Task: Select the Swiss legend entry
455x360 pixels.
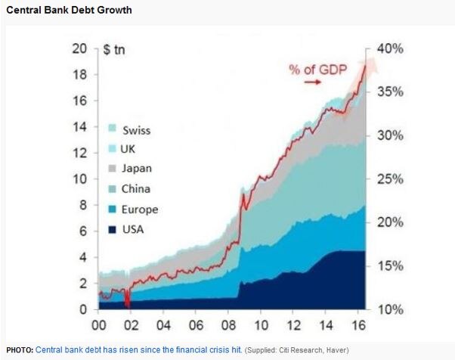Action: coord(128,129)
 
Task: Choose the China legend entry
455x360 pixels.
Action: coord(128,189)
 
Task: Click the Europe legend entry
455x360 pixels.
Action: coord(131,209)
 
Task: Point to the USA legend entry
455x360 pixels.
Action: coord(125,229)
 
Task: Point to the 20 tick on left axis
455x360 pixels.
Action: coord(79,49)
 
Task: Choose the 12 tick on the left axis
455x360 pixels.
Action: coord(79,154)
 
